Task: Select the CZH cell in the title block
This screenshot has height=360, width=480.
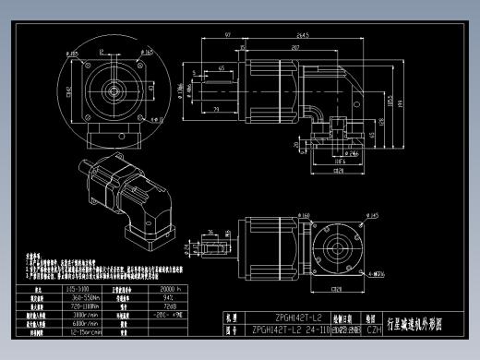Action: pyautogui.click(x=375, y=330)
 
